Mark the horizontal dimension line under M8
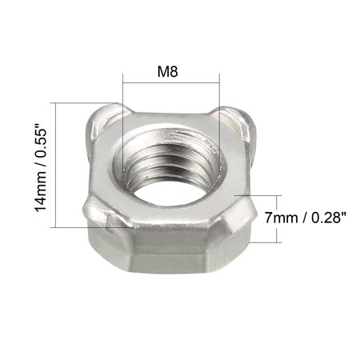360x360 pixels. [x=170, y=83]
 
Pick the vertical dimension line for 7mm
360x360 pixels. [x=278, y=218]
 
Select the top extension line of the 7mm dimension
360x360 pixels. [x=260, y=194]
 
